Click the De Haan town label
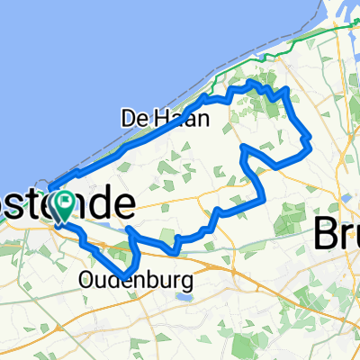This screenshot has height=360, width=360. (x=165, y=117)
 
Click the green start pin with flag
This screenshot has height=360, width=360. (x=66, y=206)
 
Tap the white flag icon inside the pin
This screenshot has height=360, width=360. (x=66, y=202)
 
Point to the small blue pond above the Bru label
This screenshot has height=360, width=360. (x=342, y=193)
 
